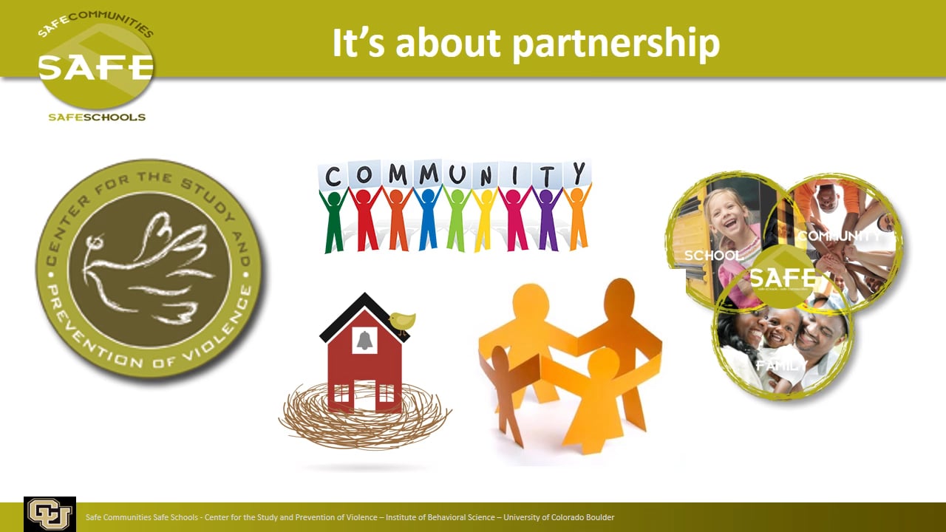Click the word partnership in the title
616,43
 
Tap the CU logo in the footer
50,514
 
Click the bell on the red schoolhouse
364,340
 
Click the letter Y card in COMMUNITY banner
577,173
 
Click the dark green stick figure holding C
334,222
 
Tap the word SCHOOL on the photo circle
713,256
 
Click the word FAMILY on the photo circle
781,366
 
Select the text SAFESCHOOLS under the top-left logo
97,117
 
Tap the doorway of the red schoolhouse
364,396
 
